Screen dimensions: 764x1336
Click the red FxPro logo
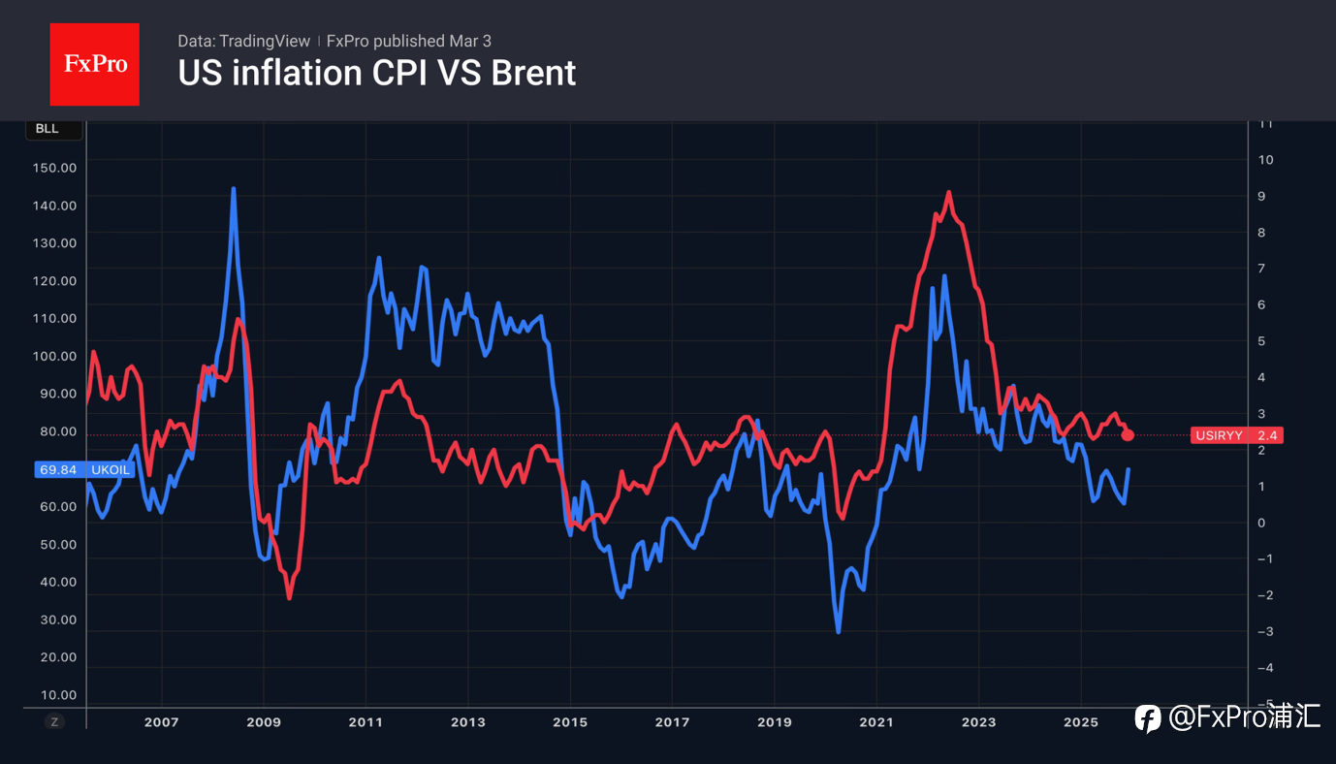94,64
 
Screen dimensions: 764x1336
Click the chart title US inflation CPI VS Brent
376,73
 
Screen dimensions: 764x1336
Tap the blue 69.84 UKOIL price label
82,469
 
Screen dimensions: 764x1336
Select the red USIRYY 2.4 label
1236,435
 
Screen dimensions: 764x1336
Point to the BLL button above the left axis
47,129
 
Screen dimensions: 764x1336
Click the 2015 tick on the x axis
570,722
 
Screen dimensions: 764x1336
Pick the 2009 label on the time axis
264,722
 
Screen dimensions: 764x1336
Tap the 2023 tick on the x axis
978,722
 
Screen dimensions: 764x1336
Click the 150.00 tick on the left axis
54,168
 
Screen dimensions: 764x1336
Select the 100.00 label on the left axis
54,356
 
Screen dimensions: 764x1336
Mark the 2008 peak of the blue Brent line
234,189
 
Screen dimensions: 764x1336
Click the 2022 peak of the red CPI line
948,192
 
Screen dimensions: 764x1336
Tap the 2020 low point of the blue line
839,632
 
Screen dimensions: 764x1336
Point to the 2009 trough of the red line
290,598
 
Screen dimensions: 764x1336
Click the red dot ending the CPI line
1127,435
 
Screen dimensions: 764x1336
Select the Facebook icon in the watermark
1148,718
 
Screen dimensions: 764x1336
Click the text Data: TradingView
243,41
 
